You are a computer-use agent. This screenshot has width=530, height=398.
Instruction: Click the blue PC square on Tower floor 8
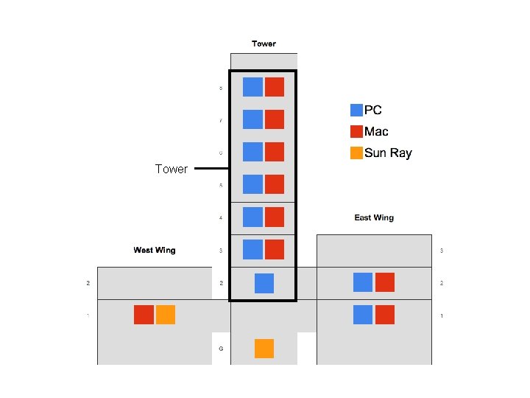(252, 87)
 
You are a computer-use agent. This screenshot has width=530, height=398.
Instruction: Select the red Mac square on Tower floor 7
(275, 119)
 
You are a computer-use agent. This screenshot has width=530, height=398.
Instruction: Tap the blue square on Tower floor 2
(264, 283)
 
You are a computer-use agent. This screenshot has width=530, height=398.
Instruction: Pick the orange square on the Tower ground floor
(264, 349)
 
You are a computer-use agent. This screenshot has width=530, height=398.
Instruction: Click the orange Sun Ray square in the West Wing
(166, 315)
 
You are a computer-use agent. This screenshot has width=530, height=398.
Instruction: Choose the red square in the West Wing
(144, 315)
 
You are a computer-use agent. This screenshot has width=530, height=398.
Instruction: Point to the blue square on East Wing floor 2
(363, 282)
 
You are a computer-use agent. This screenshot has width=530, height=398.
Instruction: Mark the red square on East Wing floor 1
(385, 315)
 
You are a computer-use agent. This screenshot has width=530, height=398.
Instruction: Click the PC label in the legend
(373, 111)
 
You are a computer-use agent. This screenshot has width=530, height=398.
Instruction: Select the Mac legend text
(376, 132)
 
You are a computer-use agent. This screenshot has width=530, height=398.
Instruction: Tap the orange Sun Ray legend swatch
(356, 153)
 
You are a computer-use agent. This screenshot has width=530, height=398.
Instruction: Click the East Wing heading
(374, 217)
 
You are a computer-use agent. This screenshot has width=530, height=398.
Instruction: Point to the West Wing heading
(155, 250)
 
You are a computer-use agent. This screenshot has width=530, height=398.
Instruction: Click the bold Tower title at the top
(264, 43)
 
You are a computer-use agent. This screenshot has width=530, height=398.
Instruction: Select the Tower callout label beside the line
(172, 169)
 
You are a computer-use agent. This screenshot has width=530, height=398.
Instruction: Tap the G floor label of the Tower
(221, 348)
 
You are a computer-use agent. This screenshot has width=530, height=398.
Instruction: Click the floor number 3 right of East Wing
(442, 251)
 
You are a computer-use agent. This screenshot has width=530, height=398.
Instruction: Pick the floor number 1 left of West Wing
(88, 315)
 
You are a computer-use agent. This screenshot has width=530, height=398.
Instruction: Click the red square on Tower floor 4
(275, 217)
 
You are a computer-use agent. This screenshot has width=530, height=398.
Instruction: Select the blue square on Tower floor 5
(252, 185)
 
